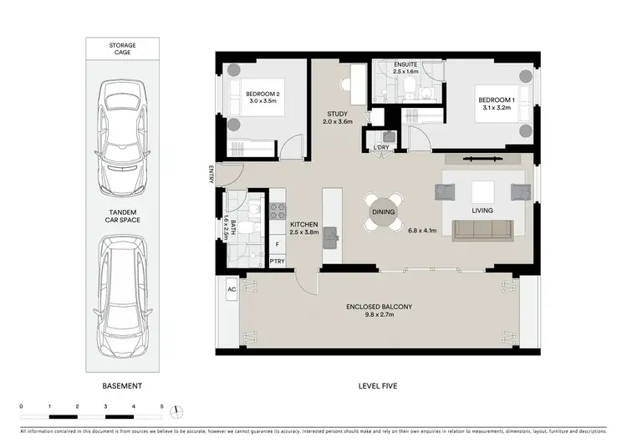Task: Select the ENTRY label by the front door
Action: [x=212, y=175]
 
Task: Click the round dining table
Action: [x=383, y=212]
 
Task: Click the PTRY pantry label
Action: [x=278, y=262]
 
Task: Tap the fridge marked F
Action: [x=278, y=245]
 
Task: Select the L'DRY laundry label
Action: [x=382, y=147]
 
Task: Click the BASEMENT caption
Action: [x=122, y=385]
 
